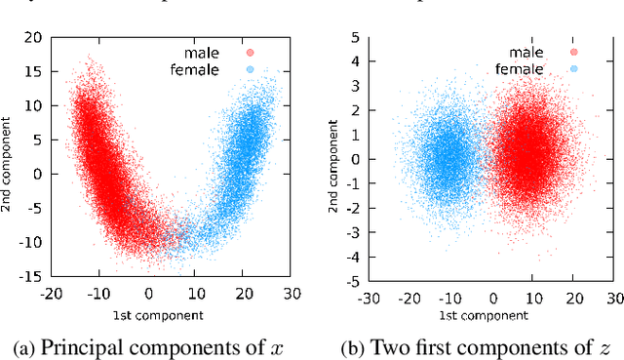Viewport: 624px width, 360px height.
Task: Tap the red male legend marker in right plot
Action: [x=572, y=53]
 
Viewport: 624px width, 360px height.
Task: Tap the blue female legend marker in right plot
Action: [x=572, y=69]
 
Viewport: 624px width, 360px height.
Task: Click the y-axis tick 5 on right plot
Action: [x=356, y=37]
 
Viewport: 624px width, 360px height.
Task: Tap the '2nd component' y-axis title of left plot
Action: [x=9, y=157]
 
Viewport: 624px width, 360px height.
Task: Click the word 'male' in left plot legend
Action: [x=212, y=53]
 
